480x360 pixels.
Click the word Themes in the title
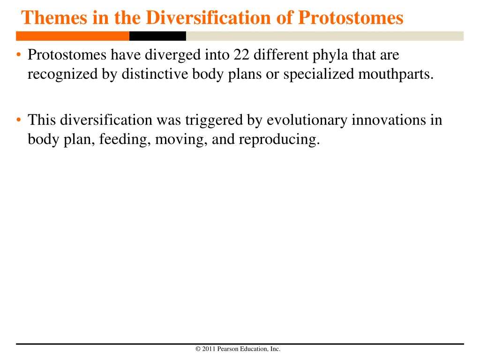[54, 18]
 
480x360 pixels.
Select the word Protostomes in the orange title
[351, 18]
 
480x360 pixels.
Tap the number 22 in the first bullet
[241, 55]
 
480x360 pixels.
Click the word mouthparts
[396, 75]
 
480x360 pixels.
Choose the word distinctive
[155, 74]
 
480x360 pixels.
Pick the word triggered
[214, 120]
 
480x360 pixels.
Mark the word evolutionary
[307, 120]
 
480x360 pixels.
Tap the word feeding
[125, 140]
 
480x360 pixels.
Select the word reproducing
[279, 140]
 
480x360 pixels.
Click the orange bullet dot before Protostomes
[19, 55]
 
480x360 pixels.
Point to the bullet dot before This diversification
[19, 120]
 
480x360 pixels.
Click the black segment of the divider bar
[157, 36]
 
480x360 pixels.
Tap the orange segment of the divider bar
[73, 36]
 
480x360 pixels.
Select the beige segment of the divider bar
[325, 36]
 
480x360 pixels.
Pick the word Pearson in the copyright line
[228, 349]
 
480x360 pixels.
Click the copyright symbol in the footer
[198, 349]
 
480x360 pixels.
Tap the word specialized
[318, 75]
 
